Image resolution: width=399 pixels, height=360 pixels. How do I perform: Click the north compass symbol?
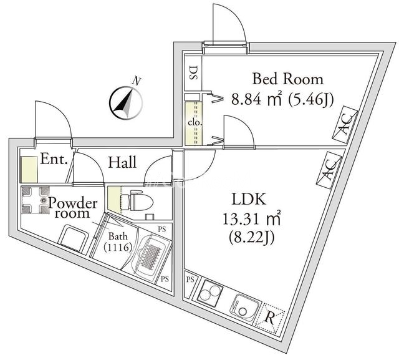point(125,101)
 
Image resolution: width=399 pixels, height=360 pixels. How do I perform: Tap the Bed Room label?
point(287,79)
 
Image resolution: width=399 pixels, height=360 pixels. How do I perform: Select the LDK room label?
point(249,200)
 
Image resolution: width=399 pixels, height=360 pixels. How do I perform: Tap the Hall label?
point(123,163)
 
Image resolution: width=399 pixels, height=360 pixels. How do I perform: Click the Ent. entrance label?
point(54,159)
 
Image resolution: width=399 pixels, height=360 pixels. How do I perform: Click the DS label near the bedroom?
point(193,75)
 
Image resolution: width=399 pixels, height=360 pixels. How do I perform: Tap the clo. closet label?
point(193,122)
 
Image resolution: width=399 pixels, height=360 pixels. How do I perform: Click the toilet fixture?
point(133,200)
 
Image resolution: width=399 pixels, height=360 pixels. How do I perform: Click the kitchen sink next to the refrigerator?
point(242,304)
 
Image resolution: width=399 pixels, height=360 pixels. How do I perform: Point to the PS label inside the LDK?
point(190,280)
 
